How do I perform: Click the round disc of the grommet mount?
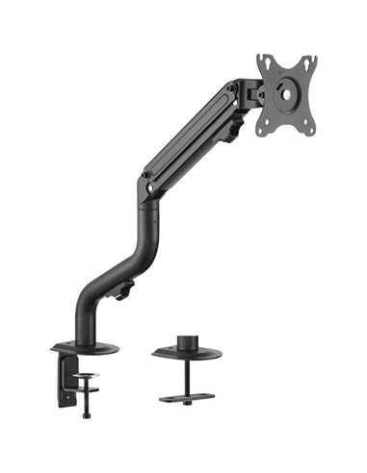point(186,352)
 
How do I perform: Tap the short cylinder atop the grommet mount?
point(186,340)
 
